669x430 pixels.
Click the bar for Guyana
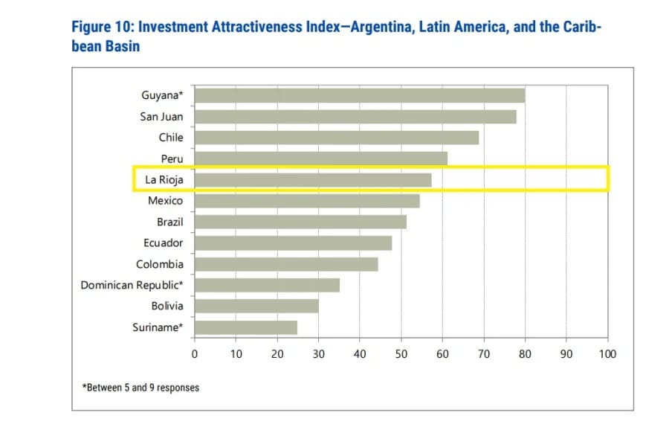tap(360, 95)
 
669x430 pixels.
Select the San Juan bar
tap(355, 116)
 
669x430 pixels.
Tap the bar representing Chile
tap(337, 138)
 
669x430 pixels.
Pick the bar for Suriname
tap(246, 327)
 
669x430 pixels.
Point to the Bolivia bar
tap(256, 306)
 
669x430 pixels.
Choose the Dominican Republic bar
tap(267, 285)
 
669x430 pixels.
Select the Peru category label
tap(172, 158)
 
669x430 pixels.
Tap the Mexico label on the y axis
tap(165, 201)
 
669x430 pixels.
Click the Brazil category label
tap(169, 222)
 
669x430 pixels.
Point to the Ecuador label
tap(163, 243)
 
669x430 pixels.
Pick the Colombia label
tap(159, 264)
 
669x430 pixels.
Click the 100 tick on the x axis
tap(607, 354)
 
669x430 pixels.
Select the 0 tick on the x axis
tap(195, 354)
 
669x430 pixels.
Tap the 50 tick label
tap(401, 354)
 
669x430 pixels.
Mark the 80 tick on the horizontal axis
tap(525, 354)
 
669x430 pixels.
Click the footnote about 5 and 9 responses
tap(140, 388)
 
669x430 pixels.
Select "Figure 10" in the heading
tap(102, 28)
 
